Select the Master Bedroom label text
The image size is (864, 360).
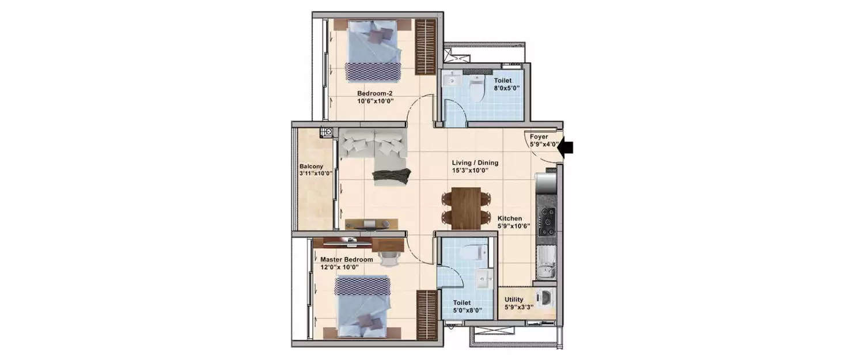(x=347, y=259)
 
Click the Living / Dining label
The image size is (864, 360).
(x=475, y=163)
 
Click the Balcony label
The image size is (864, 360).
(x=310, y=166)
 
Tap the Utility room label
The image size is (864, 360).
(x=514, y=300)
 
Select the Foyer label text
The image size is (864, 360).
(x=539, y=137)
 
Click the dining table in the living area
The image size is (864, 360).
(x=467, y=208)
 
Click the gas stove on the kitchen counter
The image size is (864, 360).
(x=546, y=219)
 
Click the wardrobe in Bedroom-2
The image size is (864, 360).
(x=426, y=46)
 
